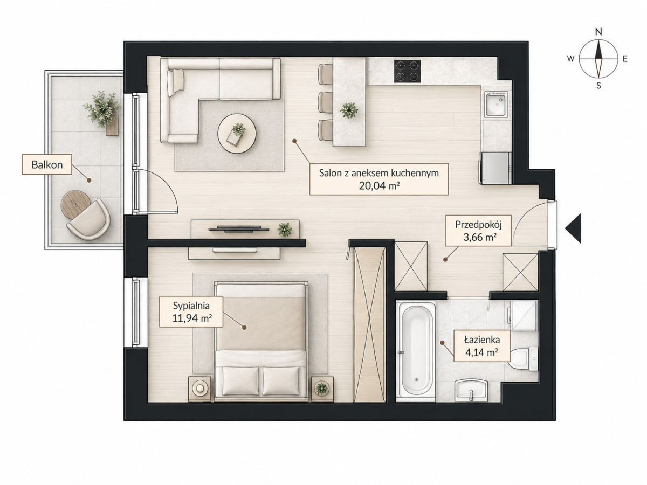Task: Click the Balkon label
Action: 47,164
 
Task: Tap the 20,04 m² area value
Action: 379,185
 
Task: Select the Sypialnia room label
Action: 191,306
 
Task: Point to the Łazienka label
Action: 482,340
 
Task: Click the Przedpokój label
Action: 478,225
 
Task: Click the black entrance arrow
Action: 573,228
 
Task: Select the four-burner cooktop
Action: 407,71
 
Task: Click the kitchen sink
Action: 497,105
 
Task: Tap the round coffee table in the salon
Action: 237,134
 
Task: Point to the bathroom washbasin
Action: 471,390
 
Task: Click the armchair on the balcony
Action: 89,219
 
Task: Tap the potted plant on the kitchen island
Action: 349,110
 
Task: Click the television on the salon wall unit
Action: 239,229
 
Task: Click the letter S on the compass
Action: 598,86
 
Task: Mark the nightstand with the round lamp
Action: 200,389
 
